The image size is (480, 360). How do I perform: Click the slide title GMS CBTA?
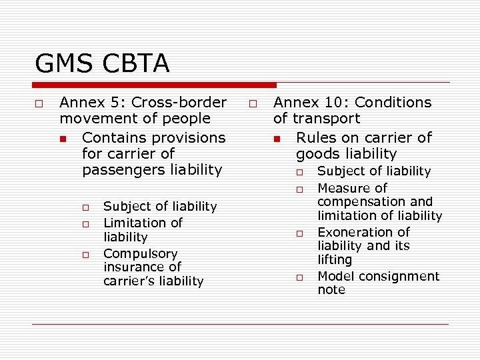102,64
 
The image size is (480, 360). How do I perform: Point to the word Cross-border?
179,103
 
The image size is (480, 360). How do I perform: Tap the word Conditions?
393,103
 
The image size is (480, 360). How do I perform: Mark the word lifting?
335,259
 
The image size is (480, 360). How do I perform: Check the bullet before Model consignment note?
301,277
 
